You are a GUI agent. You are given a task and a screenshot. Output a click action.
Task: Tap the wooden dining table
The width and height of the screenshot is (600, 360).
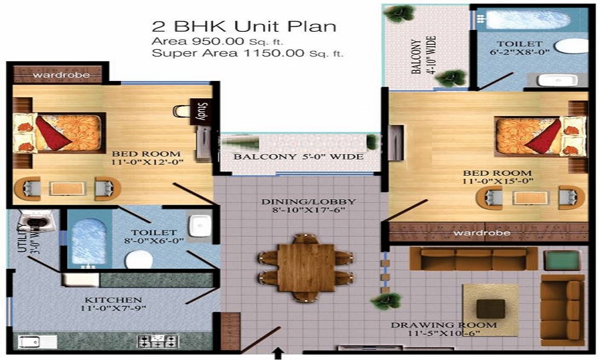(306, 267)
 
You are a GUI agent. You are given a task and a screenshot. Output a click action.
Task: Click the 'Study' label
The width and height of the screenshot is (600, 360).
(202, 112)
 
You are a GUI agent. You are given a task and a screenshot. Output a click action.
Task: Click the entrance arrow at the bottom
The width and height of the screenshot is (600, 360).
(278, 352)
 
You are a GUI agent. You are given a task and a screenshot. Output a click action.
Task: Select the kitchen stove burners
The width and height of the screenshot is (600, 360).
(159, 341)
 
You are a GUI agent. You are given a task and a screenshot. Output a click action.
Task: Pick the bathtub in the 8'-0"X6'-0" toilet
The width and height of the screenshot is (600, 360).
(89, 238)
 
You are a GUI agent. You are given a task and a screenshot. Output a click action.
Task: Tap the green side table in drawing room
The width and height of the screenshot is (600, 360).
(562, 260)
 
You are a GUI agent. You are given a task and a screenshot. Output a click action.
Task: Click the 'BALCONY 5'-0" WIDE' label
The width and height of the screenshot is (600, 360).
(298, 157)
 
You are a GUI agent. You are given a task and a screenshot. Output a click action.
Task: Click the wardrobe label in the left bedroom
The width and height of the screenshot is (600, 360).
(61, 75)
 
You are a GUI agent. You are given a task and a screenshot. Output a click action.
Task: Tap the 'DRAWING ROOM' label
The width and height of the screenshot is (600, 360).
(444, 325)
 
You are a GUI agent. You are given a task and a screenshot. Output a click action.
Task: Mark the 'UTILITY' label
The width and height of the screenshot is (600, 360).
(19, 238)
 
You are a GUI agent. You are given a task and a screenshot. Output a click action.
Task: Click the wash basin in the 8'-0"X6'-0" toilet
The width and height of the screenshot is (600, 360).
(197, 225)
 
